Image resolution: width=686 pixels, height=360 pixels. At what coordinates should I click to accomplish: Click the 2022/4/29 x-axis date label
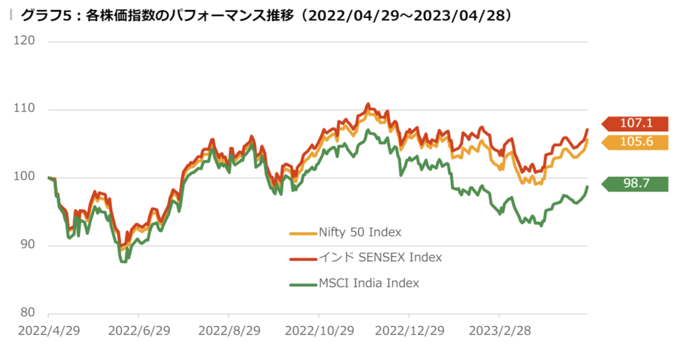click(x=49, y=331)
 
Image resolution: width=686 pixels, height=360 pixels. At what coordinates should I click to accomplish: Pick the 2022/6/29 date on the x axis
click(x=138, y=331)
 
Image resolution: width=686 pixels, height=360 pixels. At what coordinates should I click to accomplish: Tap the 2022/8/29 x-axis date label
click(x=229, y=331)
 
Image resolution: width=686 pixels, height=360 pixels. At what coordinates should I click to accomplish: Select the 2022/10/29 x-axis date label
click(x=319, y=331)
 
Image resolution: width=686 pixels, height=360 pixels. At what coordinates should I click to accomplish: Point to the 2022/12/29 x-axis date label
click(x=408, y=331)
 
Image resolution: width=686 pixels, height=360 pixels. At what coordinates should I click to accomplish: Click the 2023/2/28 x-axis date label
click(x=499, y=331)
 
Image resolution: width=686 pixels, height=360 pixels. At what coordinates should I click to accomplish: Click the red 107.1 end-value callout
click(x=636, y=124)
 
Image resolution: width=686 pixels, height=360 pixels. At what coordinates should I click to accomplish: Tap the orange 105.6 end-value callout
click(x=636, y=143)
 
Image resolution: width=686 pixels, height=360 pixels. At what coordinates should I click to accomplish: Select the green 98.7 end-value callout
click(x=636, y=184)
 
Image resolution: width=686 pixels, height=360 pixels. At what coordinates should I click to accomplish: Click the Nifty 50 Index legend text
click(x=360, y=232)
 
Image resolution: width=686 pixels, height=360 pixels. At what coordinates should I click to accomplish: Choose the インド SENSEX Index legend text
click(x=380, y=258)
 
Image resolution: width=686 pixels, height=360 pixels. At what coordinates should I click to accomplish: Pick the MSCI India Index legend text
click(x=369, y=283)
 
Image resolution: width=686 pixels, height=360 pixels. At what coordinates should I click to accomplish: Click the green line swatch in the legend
click(x=303, y=285)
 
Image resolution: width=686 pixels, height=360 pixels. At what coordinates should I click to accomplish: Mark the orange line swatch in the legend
click(x=303, y=233)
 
